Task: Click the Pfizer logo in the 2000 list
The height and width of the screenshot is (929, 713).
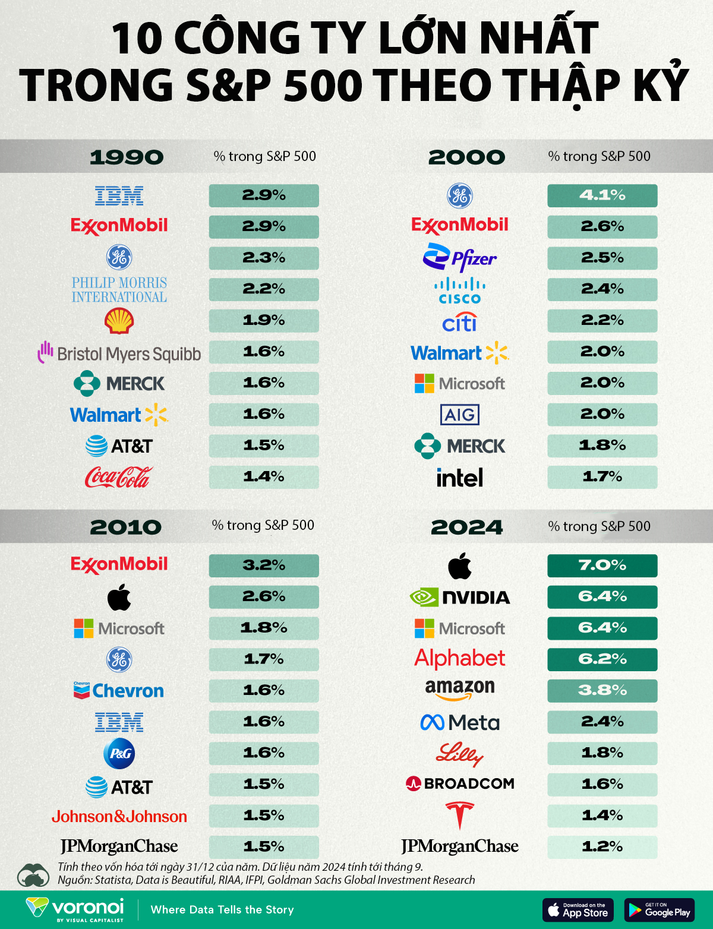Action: (459, 258)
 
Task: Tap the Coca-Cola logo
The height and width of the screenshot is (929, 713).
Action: (119, 477)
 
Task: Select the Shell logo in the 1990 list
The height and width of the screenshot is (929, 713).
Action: (119, 321)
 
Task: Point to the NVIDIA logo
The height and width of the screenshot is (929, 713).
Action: (459, 597)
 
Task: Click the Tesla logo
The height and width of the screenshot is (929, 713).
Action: (459, 815)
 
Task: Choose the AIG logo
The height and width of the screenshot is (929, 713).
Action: (459, 415)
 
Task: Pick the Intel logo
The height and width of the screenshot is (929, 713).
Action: (459, 478)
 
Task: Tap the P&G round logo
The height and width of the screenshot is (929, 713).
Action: (119, 753)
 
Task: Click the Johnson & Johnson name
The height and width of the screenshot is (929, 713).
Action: (119, 817)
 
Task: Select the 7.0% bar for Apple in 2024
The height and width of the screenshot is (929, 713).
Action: (602, 565)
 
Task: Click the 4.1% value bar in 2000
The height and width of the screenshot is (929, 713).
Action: (602, 195)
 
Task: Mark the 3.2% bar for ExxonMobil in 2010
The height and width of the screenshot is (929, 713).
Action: (263, 565)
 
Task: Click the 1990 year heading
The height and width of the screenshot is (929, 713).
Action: (126, 157)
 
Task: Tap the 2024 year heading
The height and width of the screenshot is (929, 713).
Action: (466, 527)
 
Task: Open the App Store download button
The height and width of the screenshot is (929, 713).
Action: (578, 910)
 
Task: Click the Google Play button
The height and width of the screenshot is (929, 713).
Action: (659, 910)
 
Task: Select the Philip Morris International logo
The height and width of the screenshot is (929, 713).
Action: (119, 290)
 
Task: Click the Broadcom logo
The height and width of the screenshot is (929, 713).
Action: (459, 783)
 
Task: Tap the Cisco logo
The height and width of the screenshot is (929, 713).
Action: (459, 291)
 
